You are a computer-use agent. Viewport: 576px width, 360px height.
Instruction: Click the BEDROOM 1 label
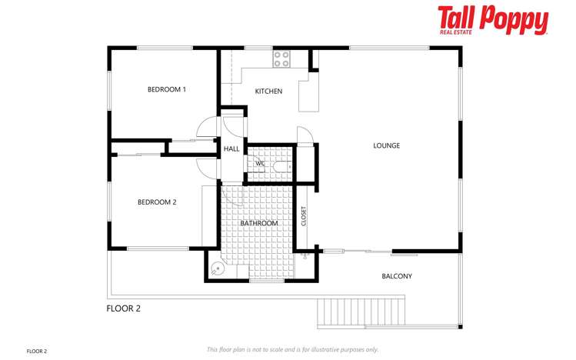tap(167, 89)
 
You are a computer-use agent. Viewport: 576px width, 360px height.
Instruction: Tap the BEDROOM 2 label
tap(157, 202)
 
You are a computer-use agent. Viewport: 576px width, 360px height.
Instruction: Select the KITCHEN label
tap(268, 92)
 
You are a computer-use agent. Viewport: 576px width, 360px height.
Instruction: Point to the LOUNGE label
tap(386, 145)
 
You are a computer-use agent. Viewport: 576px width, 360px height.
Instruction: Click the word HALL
tap(231, 148)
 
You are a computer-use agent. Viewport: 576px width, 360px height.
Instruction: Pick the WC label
tap(260, 163)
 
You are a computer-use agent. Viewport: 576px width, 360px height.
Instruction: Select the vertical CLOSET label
tap(304, 217)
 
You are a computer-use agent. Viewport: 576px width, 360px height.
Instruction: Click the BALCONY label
tap(397, 276)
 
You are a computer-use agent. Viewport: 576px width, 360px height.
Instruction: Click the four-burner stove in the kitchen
tap(281, 56)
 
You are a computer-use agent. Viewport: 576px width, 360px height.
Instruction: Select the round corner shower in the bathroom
tap(218, 269)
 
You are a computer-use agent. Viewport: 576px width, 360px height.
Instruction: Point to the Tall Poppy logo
tap(492, 20)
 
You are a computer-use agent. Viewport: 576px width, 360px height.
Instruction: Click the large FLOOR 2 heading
tap(123, 308)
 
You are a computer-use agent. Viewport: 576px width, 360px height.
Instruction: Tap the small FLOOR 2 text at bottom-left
tap(37, 351)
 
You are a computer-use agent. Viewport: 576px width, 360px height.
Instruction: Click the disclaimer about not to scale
tap(292, 349)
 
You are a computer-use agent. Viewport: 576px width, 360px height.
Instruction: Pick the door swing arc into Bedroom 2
tap(205, 168)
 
